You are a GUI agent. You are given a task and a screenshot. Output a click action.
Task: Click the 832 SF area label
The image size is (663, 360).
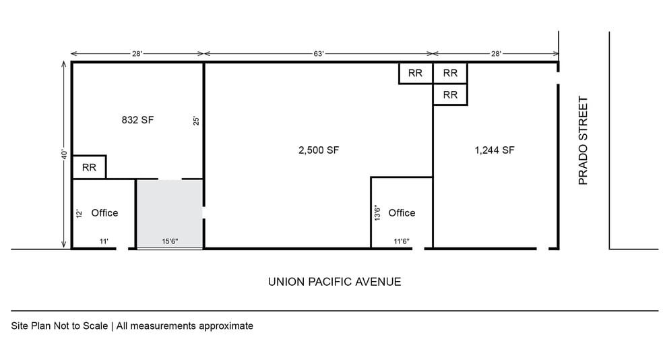(137, 120)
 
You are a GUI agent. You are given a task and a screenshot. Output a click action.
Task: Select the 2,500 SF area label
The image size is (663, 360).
(319, 150)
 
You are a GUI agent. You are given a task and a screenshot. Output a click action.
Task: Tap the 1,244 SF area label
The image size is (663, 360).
(495, 150)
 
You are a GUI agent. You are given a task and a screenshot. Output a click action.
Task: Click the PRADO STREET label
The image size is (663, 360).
(583, 140)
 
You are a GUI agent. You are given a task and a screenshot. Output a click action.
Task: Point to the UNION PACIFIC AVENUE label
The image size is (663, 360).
(334, 282)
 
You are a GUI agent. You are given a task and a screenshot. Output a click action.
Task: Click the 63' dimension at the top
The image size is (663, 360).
(319, 54)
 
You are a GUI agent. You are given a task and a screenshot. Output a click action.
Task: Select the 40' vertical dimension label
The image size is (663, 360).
(64, 154)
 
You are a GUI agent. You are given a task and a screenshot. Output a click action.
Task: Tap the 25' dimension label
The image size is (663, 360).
(196, 121)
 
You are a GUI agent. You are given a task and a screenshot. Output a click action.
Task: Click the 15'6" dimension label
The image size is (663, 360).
(170, 241)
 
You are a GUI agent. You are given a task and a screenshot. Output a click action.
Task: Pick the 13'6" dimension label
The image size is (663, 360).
(377, 213)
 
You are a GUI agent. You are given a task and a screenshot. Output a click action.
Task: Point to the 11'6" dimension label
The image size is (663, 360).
(402, 241)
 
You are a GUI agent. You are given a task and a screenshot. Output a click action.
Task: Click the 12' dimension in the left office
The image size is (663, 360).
(79, 213)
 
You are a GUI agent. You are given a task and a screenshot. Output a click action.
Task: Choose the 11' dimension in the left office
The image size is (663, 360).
(104, 241)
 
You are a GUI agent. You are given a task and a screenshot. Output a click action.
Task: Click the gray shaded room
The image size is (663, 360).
(170, 214)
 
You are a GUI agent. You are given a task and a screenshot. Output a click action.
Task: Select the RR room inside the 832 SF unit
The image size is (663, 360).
(89, 167)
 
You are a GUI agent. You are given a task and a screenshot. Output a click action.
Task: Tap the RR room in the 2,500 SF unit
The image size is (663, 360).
(416, 73)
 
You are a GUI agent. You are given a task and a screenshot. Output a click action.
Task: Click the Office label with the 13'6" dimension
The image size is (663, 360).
(402, 213)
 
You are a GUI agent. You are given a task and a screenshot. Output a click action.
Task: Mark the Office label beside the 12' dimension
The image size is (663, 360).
(104, 213)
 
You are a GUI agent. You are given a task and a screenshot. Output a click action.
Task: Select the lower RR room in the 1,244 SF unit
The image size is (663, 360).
(450, 95)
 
